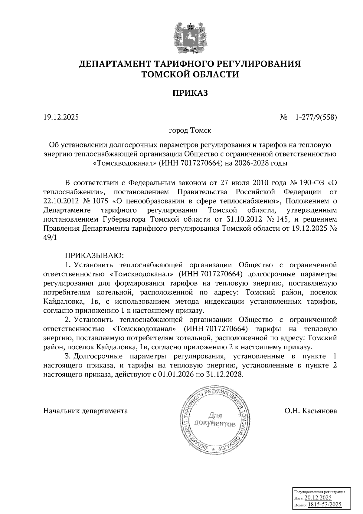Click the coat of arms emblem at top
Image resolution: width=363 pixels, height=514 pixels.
tap(190, 37)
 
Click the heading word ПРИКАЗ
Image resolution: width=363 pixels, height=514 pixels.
tap(190, 93)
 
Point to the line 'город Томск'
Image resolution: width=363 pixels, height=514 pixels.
tap(190, 131)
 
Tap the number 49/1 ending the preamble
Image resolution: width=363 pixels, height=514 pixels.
tap(50, 238)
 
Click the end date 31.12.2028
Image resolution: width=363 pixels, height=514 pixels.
tap(225, 374)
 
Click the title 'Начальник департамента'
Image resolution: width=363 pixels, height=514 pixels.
tap(86, 411)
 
